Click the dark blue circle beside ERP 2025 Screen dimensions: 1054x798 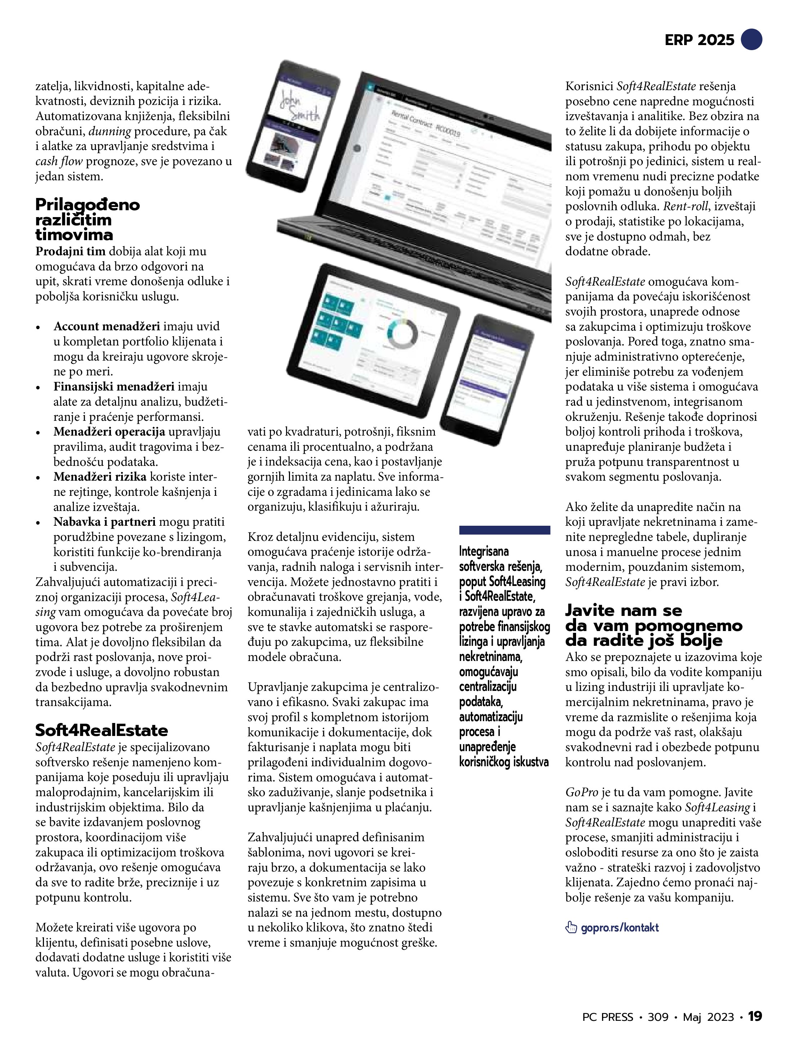pos(752,39)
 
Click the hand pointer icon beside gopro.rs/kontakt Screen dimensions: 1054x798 pos(571,927)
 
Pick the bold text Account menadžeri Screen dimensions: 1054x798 pos(107,326)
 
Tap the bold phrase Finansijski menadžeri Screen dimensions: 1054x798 pos(114,387)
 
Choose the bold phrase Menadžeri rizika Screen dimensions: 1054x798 pos(100,477)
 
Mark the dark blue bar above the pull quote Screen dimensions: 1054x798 pos(504,530)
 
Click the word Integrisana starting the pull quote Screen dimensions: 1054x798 pos(484,551)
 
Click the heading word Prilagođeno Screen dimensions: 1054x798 pos(88,205)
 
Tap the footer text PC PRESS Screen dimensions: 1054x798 pos(607,1017)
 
